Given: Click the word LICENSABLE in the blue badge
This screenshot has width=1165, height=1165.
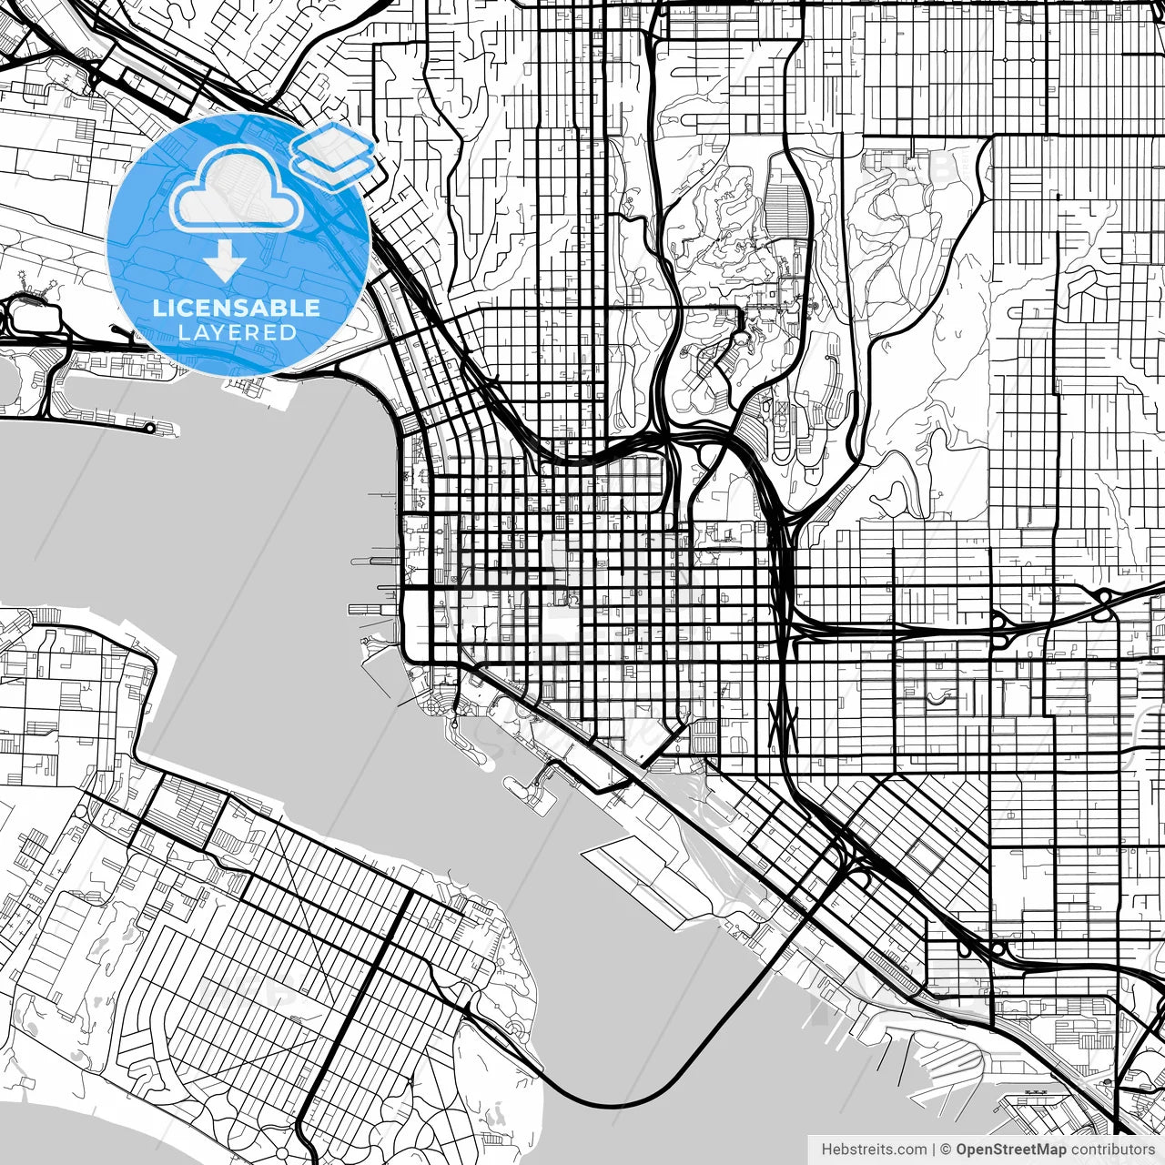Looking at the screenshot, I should click(x=237, y=308).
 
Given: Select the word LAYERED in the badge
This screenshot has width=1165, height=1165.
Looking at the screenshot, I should click(x=237, y=332).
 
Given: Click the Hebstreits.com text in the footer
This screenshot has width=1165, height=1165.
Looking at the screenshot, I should click(x=874, y=1150).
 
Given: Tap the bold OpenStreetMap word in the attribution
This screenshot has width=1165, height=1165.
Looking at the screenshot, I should click(x=1010, y=1150).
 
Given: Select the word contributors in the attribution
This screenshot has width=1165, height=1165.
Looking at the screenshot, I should click(x=1111, y=1150).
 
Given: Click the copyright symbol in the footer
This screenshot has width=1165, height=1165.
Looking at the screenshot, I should click(x=946, y=1150).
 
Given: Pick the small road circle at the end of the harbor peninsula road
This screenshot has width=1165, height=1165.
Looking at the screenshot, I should click(x=151, y=426).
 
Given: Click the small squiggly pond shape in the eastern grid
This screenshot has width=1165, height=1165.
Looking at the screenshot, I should click(x=937, y=699).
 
